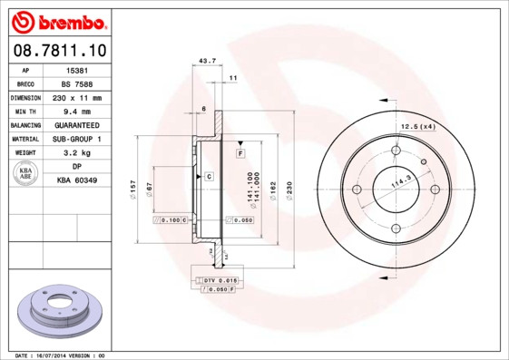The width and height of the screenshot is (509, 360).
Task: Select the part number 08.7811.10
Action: click(x=61, y=50)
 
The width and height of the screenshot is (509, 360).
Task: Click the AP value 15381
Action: click(x=77, y=69)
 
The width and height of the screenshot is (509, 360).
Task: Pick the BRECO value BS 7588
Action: click(x=77, y=83)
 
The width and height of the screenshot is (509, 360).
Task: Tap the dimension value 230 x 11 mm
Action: click(x=77, y=97)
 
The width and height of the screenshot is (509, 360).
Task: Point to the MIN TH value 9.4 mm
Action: click(x=77, y=111)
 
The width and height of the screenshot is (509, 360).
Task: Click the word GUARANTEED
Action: click(x=77, y=125)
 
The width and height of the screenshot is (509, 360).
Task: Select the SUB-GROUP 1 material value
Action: click(x=77, y=139)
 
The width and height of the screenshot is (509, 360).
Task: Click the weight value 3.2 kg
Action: click(x=77, y=153)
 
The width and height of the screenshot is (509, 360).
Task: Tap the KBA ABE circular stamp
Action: click(x=26, y=174)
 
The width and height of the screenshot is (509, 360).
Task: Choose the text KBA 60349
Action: click(x=77, y=180)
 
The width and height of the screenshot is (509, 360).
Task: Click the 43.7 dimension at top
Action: click(x=206, y=61)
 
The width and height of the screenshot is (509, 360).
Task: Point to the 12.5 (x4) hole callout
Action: click(x=418, y=126)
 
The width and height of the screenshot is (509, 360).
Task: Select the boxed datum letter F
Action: click(x=240, y=154)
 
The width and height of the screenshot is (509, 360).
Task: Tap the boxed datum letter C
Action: click(x=209, y=175)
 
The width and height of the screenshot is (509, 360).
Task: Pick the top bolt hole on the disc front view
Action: click(x=396, y=151)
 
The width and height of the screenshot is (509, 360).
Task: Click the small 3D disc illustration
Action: click(x=61, y=310)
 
